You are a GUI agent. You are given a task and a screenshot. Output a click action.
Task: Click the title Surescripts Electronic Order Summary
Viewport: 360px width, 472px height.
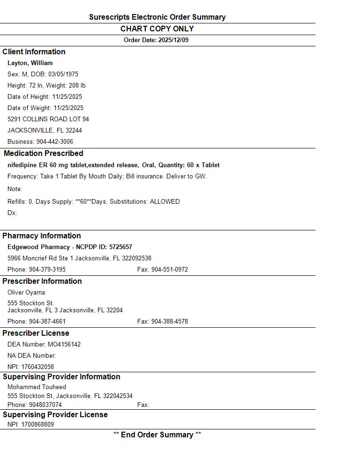click(x=157, y=17)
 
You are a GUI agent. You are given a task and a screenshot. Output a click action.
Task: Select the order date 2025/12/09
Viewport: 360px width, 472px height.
click(x=173, y=40)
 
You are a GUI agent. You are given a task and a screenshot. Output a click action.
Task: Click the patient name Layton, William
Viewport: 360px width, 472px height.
click(x=30, y=63)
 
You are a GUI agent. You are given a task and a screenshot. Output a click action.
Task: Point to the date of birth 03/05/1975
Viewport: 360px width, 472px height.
click(x=63, y=74)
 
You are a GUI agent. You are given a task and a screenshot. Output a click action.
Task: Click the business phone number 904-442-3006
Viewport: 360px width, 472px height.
click(x=55, y=142)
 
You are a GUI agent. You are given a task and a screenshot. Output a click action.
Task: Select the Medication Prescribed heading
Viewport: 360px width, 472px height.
click(x=43, y=154)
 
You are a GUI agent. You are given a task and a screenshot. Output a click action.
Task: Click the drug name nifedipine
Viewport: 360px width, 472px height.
click(x=22, y=165)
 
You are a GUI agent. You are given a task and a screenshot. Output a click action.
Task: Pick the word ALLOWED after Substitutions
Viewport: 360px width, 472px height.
click(x=165, y=202)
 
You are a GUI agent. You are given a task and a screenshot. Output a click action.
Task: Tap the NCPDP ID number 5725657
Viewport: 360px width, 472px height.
click(x=121, y=247)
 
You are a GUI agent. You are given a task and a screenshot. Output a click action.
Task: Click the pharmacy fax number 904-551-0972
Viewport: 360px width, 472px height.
click(x=169, y=270)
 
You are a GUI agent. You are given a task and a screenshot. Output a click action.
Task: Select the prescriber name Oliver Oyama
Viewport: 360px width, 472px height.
click(x=26, y=293)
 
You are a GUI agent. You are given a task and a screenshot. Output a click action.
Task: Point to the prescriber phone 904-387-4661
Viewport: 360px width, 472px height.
click(x=47, y=322)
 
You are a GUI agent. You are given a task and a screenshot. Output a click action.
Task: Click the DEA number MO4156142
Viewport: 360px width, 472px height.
click(x=64, y=345)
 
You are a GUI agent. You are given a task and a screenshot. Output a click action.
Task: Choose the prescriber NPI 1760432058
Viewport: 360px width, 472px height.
click(x=37, y=367)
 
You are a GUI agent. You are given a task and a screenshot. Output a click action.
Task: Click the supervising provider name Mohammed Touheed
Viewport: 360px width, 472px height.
click(x=37, y=387)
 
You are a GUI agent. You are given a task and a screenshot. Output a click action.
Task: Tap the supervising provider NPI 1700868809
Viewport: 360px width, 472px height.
click(x=37, y=425)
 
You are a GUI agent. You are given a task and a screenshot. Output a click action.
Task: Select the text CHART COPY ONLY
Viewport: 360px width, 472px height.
click(x=157, y=29)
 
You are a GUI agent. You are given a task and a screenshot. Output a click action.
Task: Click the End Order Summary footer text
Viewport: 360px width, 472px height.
click(x=157, y=435)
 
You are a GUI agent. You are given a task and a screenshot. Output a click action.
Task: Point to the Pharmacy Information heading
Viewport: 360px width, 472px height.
click(x=42, y=236)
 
